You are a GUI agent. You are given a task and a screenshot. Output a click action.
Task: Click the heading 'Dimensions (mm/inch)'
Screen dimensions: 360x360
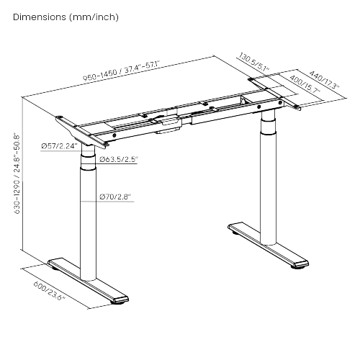click(66, 17)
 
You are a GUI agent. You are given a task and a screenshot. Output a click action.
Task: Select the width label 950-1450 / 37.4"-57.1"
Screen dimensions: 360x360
click(121, 71)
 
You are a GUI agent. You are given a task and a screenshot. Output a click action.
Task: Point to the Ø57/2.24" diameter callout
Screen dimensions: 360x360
click(59, 146)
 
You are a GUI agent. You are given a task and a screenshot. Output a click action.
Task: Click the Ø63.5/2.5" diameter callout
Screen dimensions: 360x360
click(119, 159)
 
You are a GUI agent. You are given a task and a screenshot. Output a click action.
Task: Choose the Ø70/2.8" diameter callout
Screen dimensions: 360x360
click(115, 197)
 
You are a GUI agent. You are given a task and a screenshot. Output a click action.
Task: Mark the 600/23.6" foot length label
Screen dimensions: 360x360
click(50, 291)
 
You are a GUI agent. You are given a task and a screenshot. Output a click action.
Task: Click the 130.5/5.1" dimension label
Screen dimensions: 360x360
click(253, 63)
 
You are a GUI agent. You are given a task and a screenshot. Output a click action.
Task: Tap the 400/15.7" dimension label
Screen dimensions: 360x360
click(305, 84)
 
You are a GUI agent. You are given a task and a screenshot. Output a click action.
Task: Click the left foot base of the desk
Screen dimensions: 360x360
click(88, 279)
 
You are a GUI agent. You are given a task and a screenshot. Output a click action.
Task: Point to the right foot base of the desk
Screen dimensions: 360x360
click(268, 245)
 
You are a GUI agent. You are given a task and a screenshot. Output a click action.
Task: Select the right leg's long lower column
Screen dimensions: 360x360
click(269, 189)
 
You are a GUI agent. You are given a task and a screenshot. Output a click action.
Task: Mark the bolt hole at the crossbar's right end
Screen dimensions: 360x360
click(280, 103)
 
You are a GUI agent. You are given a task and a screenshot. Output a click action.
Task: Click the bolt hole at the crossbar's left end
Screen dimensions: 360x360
click(114, 135)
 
